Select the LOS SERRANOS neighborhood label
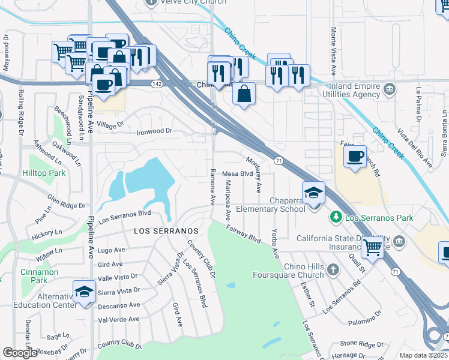166,230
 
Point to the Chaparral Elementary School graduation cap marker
313,193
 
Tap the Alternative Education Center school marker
85,292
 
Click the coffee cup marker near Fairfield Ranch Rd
355,157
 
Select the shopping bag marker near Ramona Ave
244,94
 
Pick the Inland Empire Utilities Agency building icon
390,90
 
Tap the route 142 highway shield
157,84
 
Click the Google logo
20,353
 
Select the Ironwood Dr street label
154,131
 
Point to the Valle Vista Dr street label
118,277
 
